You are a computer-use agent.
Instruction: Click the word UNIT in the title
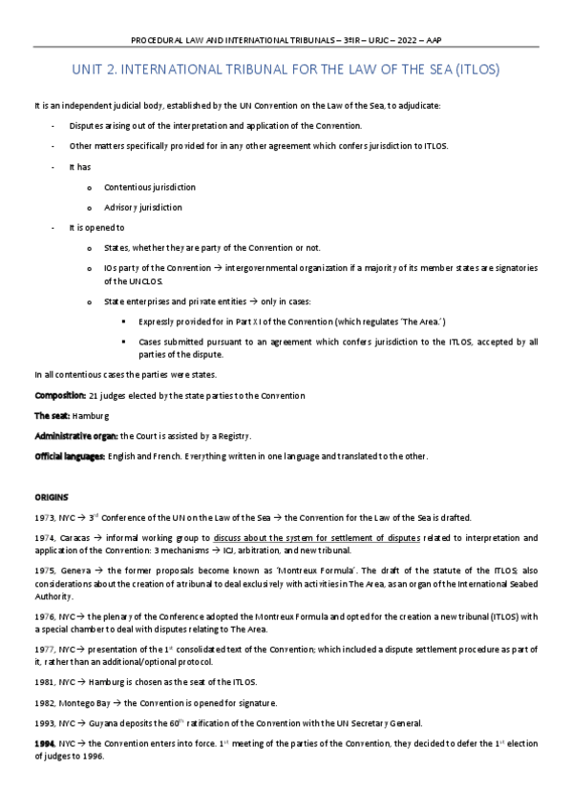click(x=91, y=71)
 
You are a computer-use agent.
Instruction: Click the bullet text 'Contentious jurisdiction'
click(x=150, y=187)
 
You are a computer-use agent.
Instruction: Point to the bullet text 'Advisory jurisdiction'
click(x=143, y=207)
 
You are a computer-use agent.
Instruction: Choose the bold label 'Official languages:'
click(x=70, y=456)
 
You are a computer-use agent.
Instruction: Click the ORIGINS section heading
click(x=53, y=497)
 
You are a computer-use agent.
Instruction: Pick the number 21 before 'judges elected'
click(x=93, y=395)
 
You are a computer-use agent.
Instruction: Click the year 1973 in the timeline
click(x=44, y=518)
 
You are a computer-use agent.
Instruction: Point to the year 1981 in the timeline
click(x=44, y=682)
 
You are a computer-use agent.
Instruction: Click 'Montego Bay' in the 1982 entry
click(x=86, y=703)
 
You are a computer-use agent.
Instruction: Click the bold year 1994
click(x=44, y=743)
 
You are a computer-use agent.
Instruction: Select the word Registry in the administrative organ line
click(x=228, y=436)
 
